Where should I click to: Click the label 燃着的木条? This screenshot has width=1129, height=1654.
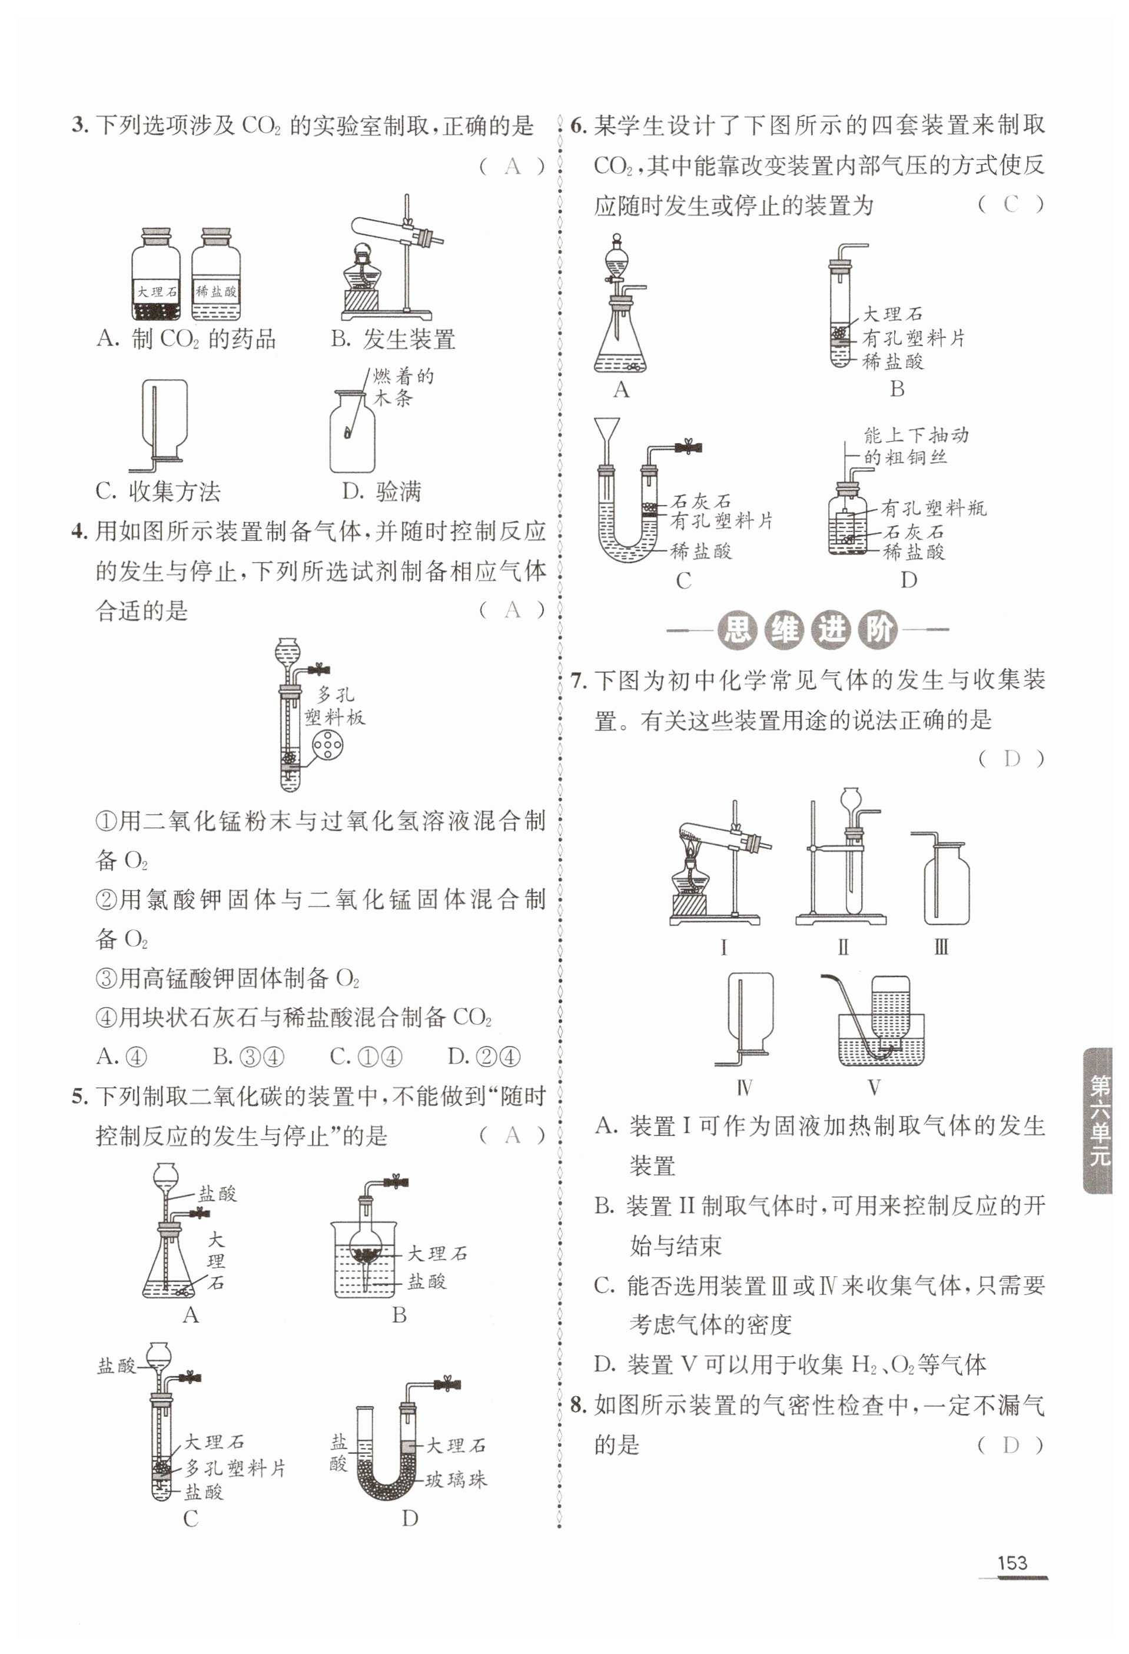402,387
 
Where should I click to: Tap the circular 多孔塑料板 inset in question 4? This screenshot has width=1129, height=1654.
327,746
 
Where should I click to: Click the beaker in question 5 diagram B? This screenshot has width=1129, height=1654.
363,1260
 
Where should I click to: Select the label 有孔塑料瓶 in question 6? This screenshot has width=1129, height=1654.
933,508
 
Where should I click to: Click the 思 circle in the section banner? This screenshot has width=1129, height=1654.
737,630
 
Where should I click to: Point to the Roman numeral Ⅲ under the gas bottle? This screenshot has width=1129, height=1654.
941,947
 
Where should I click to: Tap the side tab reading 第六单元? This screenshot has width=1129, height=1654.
1099,1120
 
